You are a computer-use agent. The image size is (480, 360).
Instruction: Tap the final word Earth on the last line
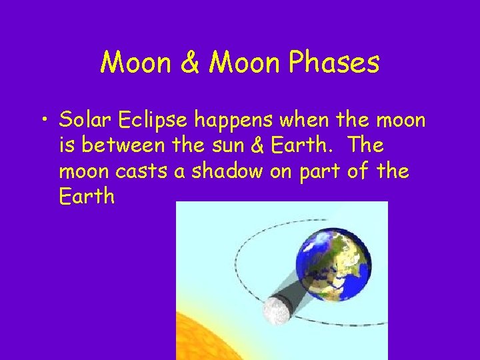click(x=87, y=197)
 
